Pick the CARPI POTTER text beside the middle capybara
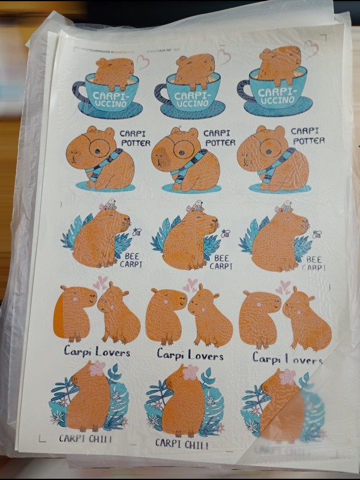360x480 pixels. click(x=219, y=138)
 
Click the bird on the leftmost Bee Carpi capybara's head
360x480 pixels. click(x=111, y=205)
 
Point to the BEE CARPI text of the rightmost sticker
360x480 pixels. click(x=313, y=263)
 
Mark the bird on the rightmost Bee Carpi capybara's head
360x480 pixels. click(x=284, y=206)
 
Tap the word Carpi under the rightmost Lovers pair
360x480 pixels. click(x=266, y=358)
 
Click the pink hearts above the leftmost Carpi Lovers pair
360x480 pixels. click(x=100, y=281)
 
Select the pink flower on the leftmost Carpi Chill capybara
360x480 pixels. click(x=97, y=368)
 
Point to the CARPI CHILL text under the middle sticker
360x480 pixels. click(x=182, y=444)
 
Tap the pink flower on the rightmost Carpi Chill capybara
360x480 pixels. click(x=287, y=377)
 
